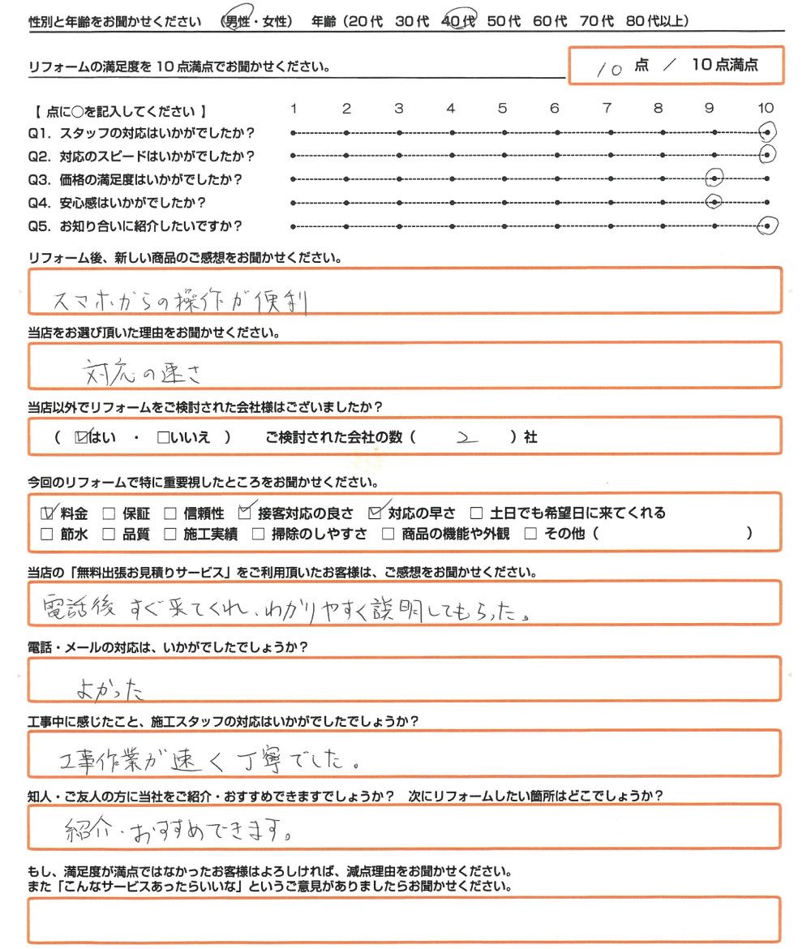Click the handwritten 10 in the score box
(608, 70)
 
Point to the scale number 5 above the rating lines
(503, 108)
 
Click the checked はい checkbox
(80, 438)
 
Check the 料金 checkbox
(47, 513)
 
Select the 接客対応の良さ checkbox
(246, 513)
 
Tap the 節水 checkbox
(47, 534)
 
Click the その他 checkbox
(530, 534)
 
